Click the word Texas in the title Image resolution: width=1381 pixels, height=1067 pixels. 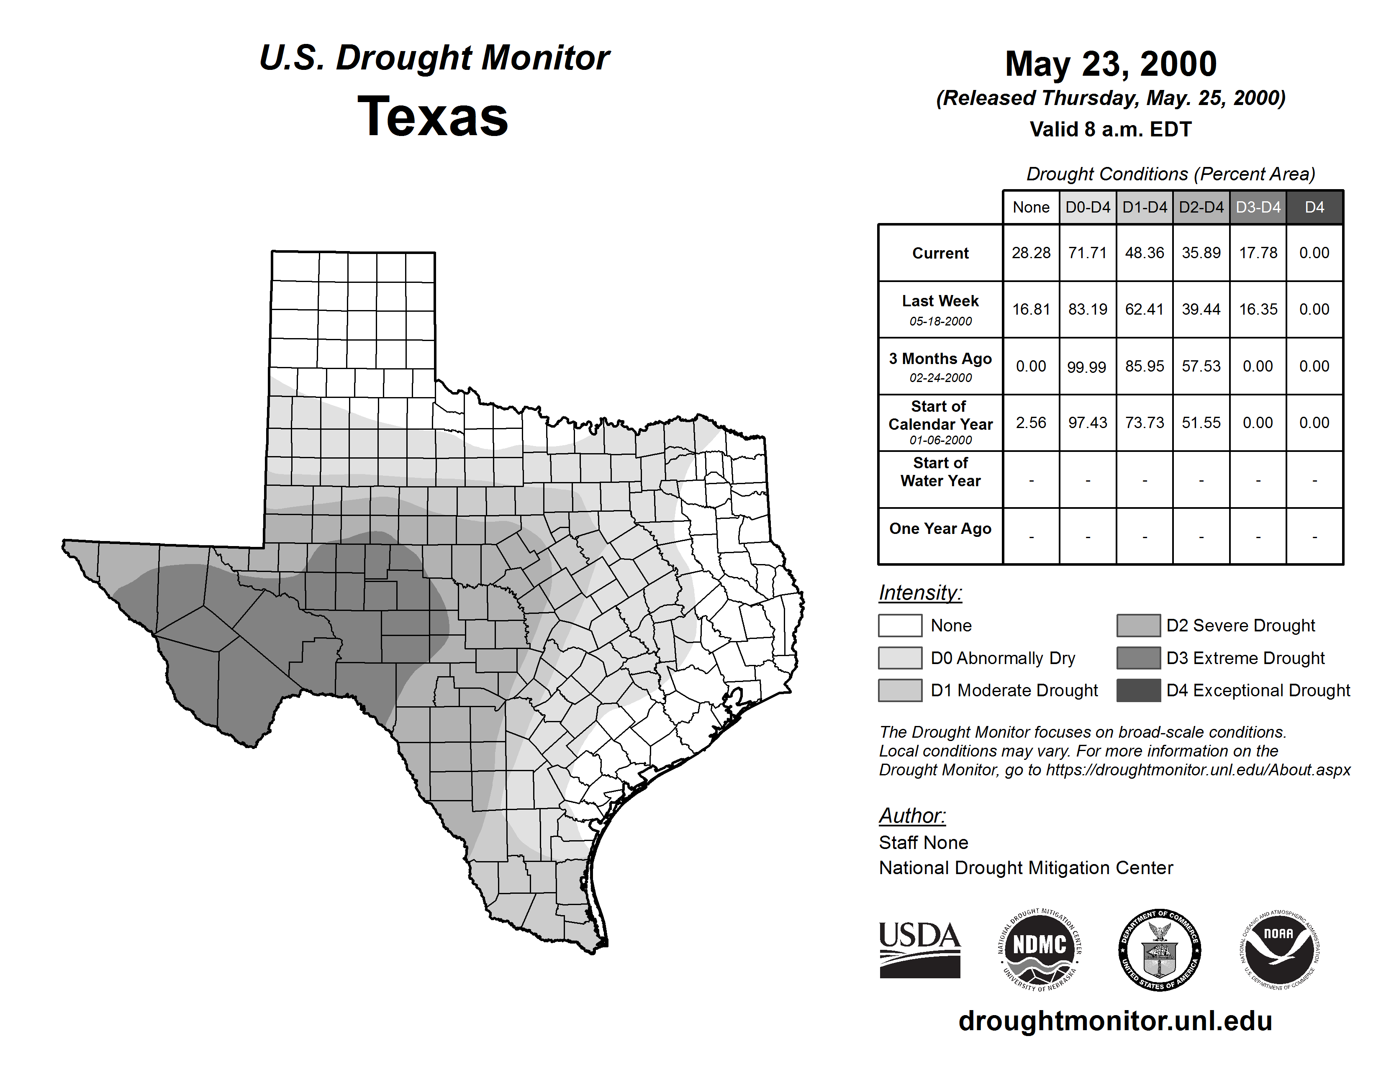coord(433,116)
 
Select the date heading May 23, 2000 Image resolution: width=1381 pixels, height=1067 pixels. coord(1110,64)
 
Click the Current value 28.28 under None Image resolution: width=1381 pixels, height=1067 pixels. coord(1031,253)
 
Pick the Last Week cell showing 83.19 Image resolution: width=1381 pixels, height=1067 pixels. coord(1088,309)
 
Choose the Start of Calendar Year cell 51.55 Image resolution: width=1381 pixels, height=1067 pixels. coord(1201,422)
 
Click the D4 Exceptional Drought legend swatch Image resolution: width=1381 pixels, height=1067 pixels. coord(1138,690)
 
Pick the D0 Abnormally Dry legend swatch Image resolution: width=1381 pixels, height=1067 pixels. coord(900,657)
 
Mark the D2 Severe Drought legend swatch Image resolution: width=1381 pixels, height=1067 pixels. coord(1138,625)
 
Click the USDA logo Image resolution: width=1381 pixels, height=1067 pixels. coord(919,949)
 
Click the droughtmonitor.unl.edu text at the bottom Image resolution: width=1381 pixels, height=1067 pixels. coord(1115,1021)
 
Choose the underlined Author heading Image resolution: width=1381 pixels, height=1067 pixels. coord(912,816)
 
